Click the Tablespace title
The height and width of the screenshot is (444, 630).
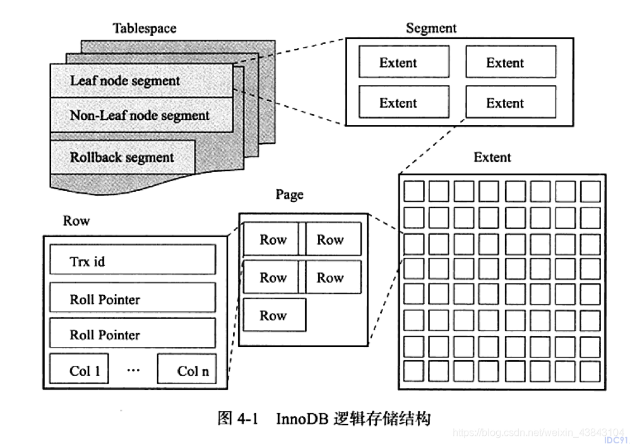pos(144,28)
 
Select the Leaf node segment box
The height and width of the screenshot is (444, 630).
pos(141,81)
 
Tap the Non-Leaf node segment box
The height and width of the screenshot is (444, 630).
pos(141,115)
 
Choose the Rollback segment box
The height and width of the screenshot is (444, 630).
pos(122,157)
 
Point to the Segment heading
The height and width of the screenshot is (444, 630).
pos(431,28)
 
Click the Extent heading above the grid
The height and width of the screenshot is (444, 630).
pos(492,157)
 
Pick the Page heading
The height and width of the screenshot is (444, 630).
pos(289,195)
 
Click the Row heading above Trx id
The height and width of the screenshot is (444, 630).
pos(76,220)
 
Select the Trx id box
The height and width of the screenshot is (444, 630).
pos(133,260)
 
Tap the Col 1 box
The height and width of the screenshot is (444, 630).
pos(79,368)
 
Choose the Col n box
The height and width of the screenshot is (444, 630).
pos(187,368)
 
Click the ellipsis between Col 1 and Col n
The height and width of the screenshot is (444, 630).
pos(133,370)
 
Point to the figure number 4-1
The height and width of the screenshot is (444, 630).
pos(247,419)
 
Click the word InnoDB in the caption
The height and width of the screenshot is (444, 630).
pos(302,419)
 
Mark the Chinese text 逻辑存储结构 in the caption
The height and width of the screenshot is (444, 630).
pos(382,419)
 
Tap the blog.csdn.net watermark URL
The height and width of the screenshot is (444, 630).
pos(538,433)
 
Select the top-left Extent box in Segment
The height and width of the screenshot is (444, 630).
pos(404,61)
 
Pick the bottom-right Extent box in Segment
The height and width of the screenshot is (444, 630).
pos(511,102)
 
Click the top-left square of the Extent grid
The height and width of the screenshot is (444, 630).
pos(414,191)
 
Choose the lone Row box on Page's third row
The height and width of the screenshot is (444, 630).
pos(275,315)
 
